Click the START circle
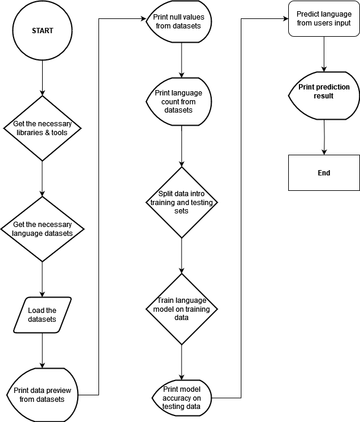tap(42, 31)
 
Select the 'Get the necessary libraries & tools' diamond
tap(42, 128)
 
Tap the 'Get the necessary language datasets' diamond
tap(42, 229)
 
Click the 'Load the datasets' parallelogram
tap(42, 315)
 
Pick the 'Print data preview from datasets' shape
tap(42, 395)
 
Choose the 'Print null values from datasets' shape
tap(179, 21)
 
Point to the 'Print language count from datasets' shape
tap(179, 101)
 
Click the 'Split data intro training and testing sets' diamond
tap(181, 202)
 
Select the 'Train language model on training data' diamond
tap(181, 309)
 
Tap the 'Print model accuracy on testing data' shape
tap(181, 398)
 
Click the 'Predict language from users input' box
tap(324, 18)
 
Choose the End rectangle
tap(324, 173)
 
